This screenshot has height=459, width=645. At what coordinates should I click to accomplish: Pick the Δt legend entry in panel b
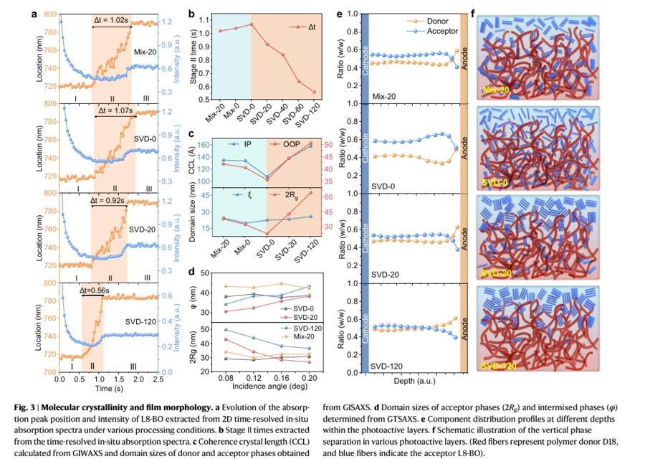tap(302, 26)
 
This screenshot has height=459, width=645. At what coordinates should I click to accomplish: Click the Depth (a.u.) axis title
tap(413, 384)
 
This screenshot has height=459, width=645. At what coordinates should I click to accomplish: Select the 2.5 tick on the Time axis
tap(157, 379)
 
